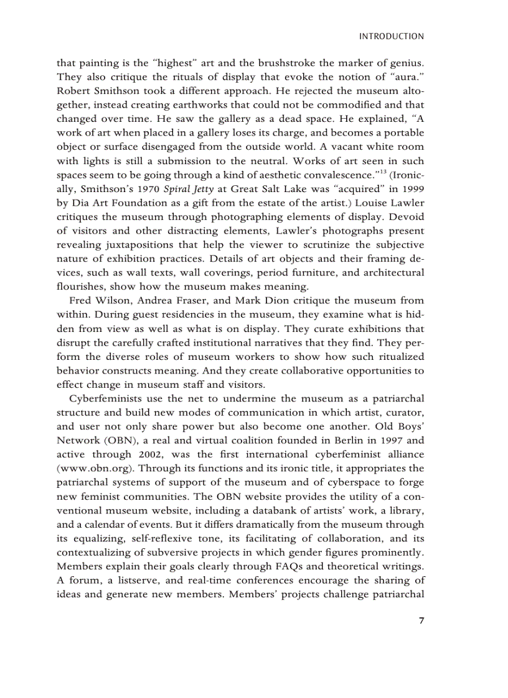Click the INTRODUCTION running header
pyautogui.click(x=392, y=37)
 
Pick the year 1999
pyautogui.click(x=413, y=188)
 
